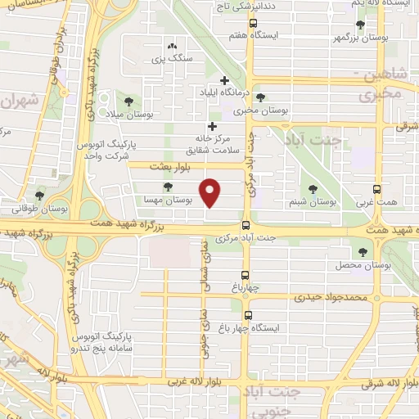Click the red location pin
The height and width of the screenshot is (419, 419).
211,192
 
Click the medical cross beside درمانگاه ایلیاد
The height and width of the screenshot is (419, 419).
224,79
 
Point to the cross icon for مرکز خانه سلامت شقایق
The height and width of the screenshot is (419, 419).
213,126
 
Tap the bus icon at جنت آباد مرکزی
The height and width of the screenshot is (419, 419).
246,226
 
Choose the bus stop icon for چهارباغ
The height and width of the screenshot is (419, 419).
246,275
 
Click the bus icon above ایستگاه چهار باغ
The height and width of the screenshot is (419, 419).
248,314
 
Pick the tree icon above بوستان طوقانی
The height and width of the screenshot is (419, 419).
39,196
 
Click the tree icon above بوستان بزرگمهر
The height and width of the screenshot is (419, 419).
360,25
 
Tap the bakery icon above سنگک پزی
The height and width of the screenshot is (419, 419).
172,46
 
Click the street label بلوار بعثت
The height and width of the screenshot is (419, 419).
169,165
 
